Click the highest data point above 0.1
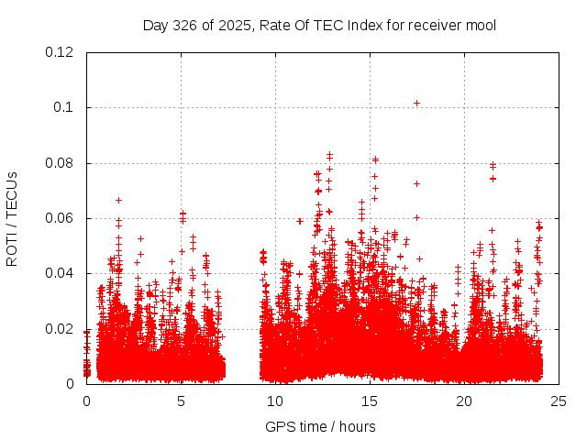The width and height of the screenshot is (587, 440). [416, 103]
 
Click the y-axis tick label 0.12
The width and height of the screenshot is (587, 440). [60, 52]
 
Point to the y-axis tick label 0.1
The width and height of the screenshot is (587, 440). [63, 107]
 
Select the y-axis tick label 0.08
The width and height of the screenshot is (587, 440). [60, 163]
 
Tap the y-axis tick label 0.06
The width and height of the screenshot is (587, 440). [60, 218]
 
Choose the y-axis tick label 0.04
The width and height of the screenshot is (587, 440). [60, 273]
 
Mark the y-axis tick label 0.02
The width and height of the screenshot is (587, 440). [60, 328]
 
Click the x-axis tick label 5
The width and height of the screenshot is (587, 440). [181, 401]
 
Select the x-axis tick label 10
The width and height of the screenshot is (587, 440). [275, 401]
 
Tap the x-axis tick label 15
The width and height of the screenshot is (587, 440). [370, 401]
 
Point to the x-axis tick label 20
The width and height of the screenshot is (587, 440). [464, 401]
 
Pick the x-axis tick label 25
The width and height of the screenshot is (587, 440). [559, 401]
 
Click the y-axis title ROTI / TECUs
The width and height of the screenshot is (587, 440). [12, 218]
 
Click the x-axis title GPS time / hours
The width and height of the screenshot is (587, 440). [320, 426]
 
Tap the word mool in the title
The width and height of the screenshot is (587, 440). [482, 25]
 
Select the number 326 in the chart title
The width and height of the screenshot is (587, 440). [187, 25]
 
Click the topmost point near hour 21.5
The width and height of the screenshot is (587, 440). [493, 165]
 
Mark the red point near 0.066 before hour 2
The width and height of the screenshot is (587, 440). [118, 200]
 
